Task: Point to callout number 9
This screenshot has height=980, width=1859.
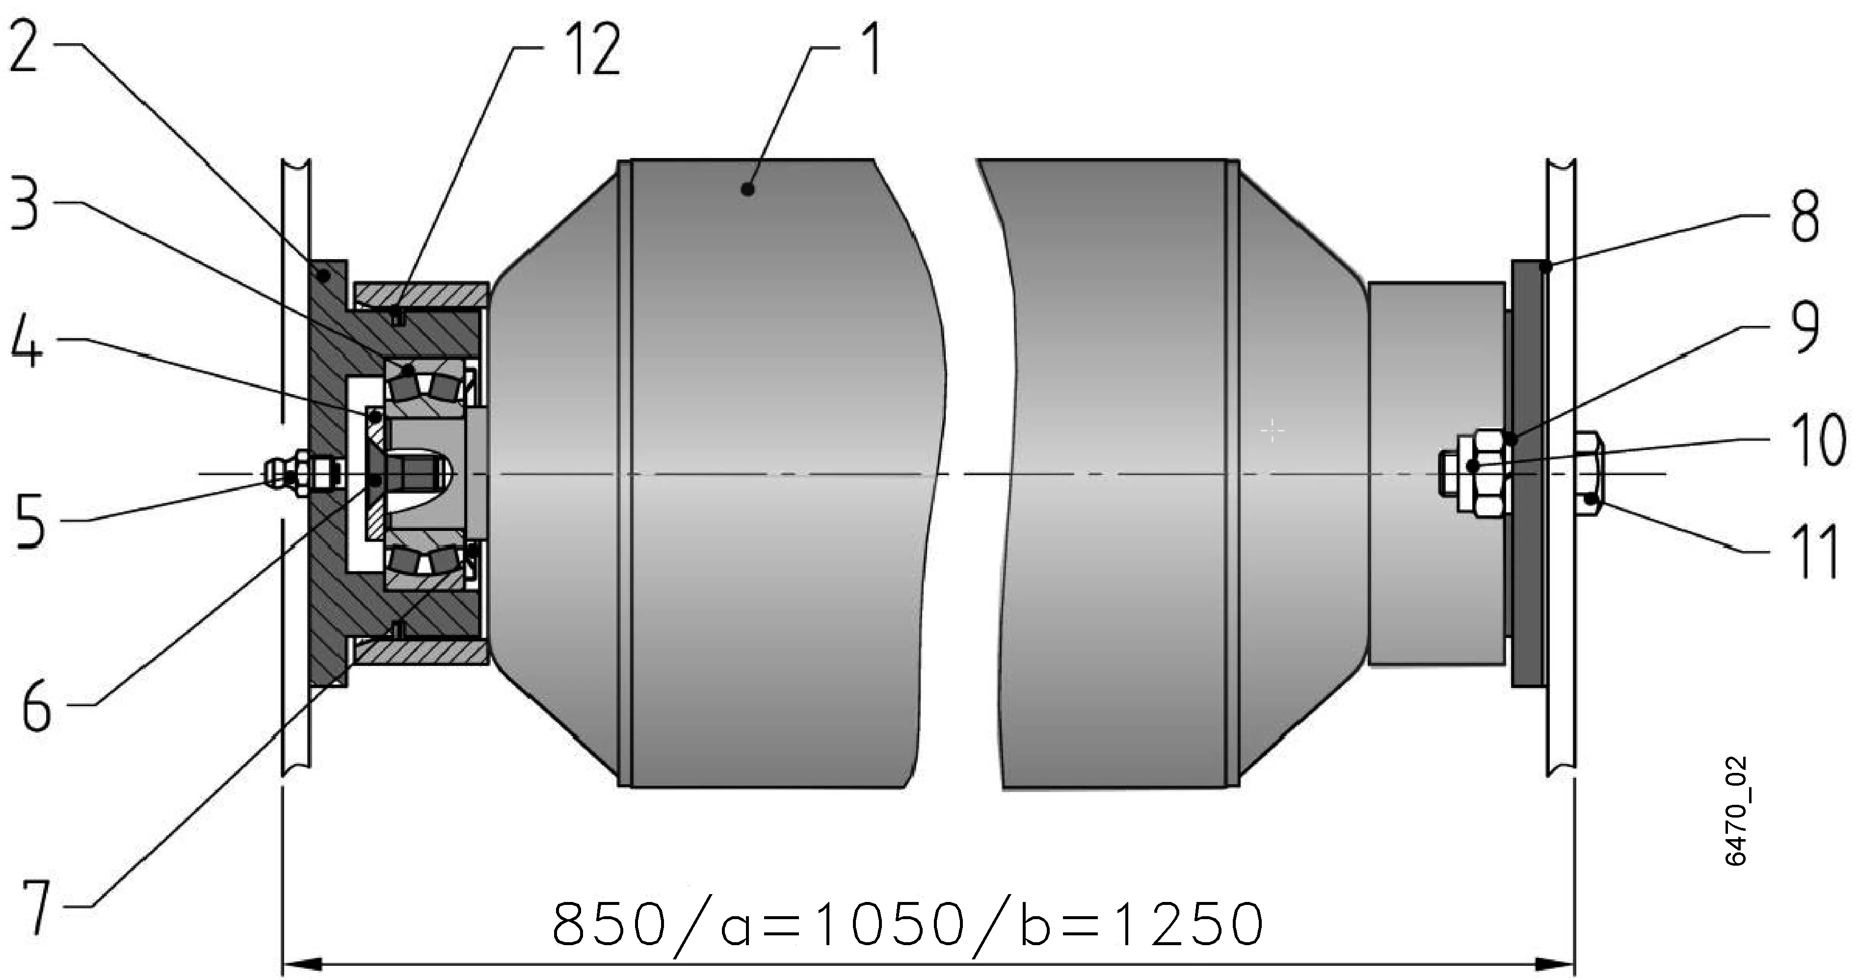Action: coord(1804,328)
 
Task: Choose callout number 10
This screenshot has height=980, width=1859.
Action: coord(1819,440)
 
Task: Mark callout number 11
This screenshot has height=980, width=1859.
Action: coord(1814,553)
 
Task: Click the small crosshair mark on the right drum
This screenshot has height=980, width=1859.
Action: coord(1272,431)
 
